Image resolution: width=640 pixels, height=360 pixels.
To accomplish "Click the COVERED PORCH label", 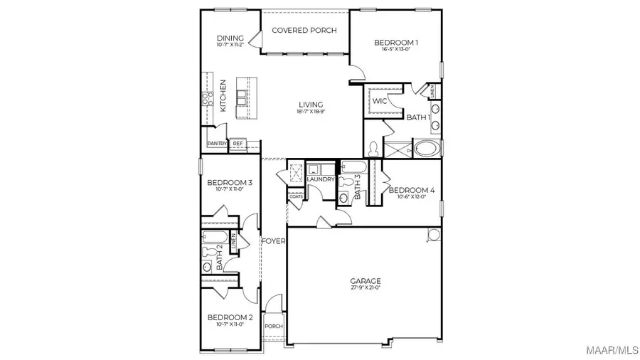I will [x=304, y=31].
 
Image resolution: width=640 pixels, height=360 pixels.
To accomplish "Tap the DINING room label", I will [x=230, y=38].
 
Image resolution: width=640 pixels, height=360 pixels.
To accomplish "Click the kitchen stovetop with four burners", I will [x=208, y=99].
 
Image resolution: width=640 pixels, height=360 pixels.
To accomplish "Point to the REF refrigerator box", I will [x=238, y=144].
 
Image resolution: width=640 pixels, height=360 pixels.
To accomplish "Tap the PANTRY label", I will [x=217, y=144].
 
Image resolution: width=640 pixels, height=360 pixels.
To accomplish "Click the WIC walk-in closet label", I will [x=380, y=101].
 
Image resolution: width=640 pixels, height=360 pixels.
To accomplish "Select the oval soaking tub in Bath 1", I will [x=427, y=149].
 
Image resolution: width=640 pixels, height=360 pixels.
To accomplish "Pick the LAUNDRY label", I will [x=321, y=179].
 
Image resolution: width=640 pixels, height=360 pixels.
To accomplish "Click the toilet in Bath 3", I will [x=346, y=182].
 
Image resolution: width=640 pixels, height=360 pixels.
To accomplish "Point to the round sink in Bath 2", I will [x=207, y=267].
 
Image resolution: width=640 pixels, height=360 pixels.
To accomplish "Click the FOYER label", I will [x=274, y=241].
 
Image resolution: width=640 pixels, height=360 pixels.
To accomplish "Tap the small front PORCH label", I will [x=274, y=327].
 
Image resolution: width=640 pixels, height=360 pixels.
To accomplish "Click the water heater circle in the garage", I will [x=432, y=235].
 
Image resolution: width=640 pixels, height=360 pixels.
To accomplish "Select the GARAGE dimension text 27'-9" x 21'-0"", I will [x=365, y=287].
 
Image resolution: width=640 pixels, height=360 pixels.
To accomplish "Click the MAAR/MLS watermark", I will [x=611, y=349].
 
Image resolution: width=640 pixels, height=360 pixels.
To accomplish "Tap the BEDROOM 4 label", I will [x=411, y=190].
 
